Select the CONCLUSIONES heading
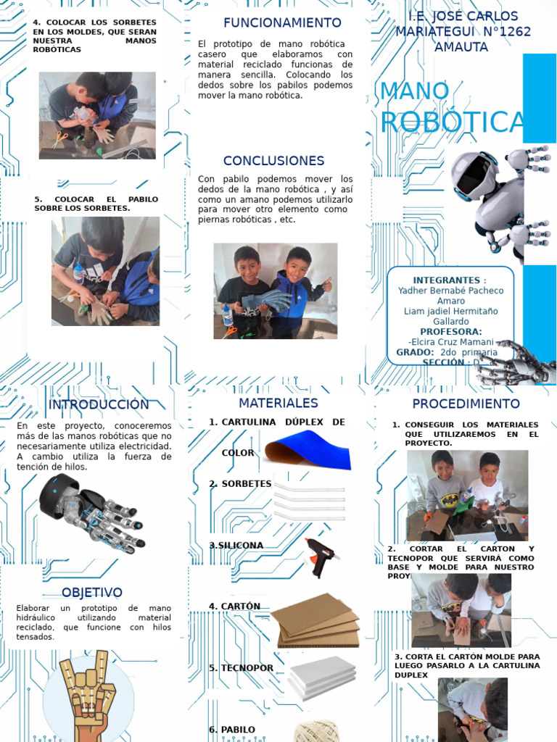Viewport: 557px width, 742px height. (273, 161)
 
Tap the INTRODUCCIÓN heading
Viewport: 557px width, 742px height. (99, 404)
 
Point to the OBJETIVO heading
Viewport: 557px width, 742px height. (92, 593)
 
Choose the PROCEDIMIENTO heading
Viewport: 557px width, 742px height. (466, 404)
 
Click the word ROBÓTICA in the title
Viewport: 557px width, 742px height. (451, 123)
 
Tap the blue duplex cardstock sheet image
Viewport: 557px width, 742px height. (308, 449)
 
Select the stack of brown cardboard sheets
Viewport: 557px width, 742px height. (315, 620)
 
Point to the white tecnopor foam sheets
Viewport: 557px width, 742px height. (321, 677)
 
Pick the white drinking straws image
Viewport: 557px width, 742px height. (308, 500)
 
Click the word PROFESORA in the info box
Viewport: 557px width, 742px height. (451, 331)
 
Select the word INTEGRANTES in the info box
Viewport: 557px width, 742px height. (447, 280)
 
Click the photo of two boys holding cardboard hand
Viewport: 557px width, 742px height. (275, 291)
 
